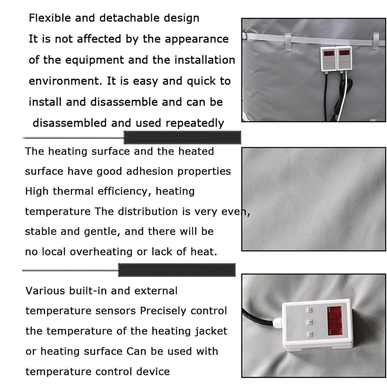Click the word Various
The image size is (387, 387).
[45, 291]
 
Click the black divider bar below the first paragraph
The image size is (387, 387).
[182, 138]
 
